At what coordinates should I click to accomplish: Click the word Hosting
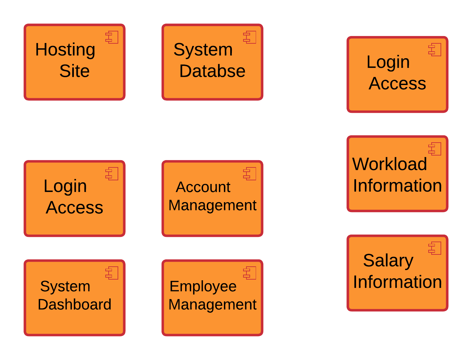point(65,50)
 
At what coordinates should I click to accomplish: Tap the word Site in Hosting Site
point(74,71)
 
